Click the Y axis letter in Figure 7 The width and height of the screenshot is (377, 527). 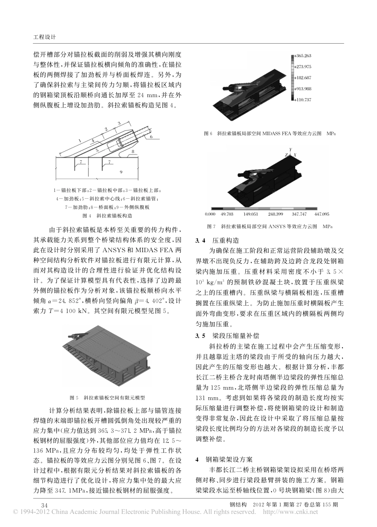pyautogui.click(x=290, y=149)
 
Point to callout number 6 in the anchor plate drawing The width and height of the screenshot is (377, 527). pyautogui.click(x=151, y=137)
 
